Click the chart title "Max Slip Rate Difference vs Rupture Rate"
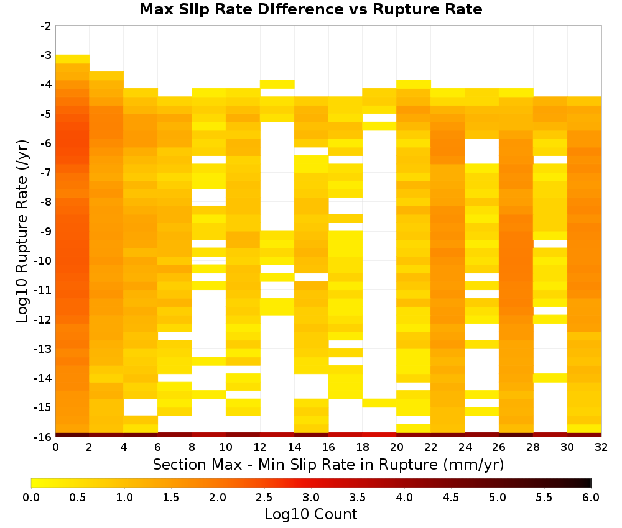310,9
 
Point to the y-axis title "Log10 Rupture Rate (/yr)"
22,231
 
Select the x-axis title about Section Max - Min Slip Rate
328,465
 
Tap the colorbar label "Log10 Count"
310,514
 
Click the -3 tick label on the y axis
46,55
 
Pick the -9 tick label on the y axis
46,231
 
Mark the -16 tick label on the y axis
44,437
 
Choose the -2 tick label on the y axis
46,26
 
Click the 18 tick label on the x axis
363,447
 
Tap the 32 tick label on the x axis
601,447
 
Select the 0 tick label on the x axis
55,447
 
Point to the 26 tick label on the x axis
499,447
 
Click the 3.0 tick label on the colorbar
311,497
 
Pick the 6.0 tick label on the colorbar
591,497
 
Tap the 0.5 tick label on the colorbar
77,497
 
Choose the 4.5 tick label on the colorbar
450,497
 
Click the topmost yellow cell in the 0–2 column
73,59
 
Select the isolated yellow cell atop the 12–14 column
277,84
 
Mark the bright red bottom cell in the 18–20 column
379,435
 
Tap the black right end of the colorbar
588,483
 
